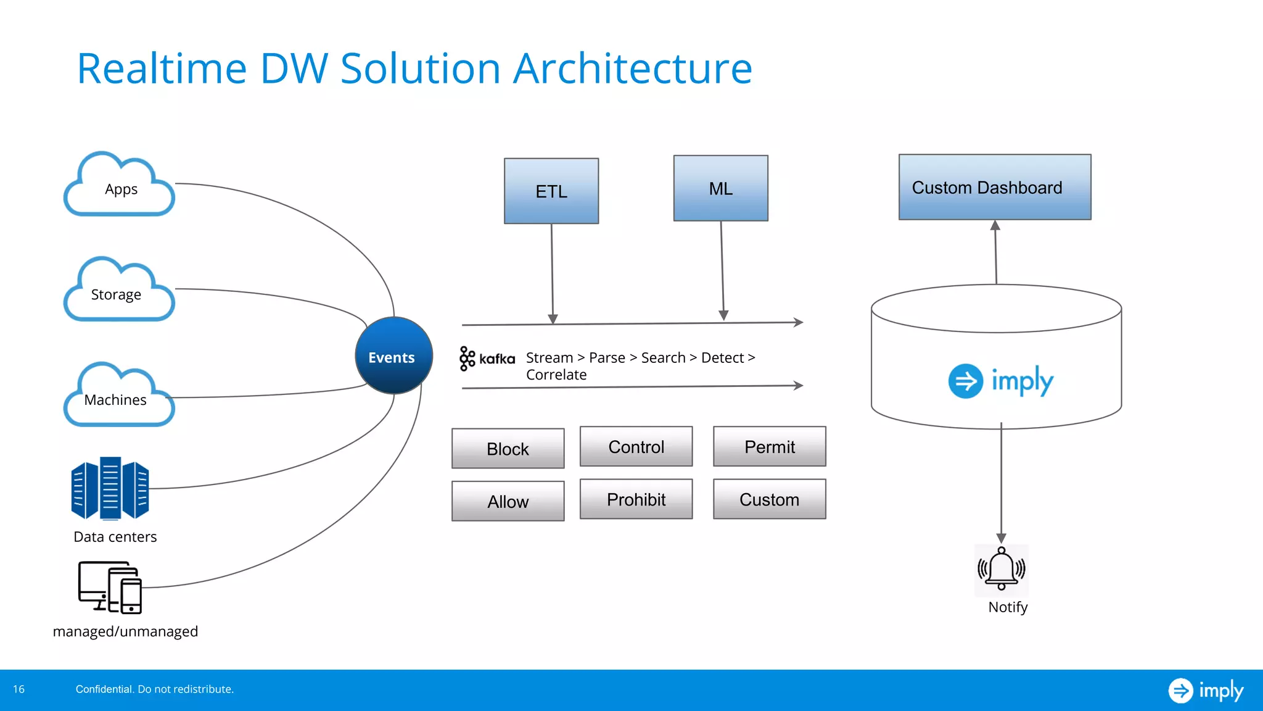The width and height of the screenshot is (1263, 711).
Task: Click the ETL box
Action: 551,191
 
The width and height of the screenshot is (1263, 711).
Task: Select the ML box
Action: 720,188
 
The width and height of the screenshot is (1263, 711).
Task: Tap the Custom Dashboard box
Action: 994,188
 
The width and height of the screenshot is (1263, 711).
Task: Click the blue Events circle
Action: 393,356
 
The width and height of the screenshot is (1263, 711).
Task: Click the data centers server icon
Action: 110,488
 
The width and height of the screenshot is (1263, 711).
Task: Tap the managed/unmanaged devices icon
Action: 110,587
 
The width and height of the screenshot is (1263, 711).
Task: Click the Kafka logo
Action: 487,359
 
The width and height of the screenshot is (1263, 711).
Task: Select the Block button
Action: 508,449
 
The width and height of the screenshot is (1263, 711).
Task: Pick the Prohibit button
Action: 636,499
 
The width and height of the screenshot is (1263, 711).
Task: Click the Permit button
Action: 769,447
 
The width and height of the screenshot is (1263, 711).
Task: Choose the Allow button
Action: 508,501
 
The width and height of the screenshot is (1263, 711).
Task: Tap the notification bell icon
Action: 1001,569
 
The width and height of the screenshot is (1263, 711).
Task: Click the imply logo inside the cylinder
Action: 1000,381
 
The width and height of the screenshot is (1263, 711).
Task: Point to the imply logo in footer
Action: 1205,690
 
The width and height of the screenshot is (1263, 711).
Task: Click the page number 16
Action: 19,689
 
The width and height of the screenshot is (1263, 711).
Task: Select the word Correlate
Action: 556,375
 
